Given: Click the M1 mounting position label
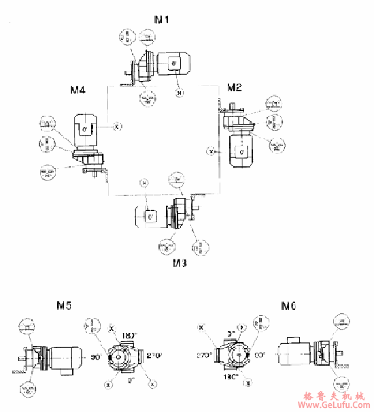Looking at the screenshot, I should click(162, 19).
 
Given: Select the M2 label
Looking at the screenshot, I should click(235, 87).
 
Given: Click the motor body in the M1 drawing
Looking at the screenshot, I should click(175, 65).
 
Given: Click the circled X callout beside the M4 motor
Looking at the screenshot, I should click(117, 127).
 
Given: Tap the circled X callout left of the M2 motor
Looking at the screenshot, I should click(211, 150).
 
